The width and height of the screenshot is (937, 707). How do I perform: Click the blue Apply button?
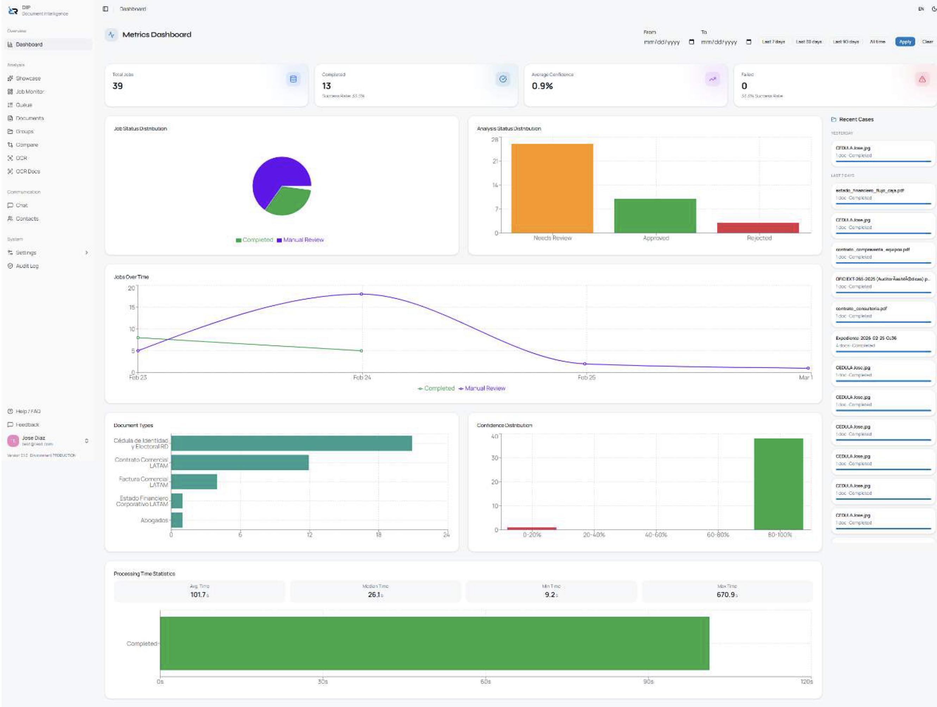pos(905,42)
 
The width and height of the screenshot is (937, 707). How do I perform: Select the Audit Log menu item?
pos(27,266)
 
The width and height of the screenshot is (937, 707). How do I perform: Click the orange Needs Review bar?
pos(552,188)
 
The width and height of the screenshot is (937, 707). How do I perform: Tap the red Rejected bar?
pos(758,228)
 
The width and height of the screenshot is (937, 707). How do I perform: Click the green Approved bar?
pos(655,216)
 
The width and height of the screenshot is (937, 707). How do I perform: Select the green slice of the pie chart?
pos(288,201)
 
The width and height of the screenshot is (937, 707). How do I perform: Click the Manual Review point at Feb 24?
pos(361,294)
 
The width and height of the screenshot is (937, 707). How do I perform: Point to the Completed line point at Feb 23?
pos(138,338)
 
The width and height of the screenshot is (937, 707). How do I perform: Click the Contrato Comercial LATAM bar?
pos(240,462)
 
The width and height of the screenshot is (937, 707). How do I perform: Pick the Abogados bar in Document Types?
pos(176,520)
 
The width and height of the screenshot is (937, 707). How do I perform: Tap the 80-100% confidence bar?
pos(778,484)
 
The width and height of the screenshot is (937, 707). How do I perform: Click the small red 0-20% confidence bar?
pos(532,528)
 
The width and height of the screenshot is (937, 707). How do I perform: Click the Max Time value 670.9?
pos(726,595)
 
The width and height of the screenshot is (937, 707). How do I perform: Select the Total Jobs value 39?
pos(118,86)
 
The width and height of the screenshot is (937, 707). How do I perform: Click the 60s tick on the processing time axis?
pos(485,681)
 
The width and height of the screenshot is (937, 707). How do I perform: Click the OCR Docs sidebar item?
pos(27,171)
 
